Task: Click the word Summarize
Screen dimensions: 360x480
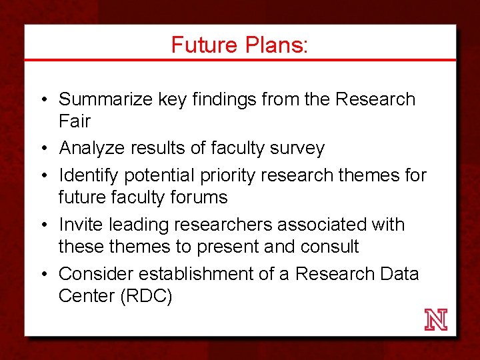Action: pos(106,100)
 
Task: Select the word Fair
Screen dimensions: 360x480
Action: pos(75,122)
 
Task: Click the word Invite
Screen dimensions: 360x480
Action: pos(81,225)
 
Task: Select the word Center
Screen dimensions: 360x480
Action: pos(85,296)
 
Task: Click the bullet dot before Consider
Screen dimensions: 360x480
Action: pos(42,274)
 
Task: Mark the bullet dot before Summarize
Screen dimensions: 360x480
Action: pos(42,100)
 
